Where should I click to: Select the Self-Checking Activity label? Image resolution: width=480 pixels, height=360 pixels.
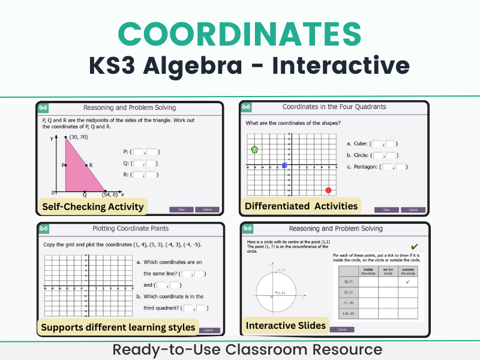(93, 207)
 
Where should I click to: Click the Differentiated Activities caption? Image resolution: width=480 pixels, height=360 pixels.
(301, 206)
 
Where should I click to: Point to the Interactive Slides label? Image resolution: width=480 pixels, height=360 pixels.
(286, 326)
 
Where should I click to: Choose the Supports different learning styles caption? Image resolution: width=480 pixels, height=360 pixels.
(118, 327)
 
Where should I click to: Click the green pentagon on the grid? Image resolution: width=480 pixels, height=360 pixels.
(255, 149)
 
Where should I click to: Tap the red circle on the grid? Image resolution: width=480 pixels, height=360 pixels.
(328, 190)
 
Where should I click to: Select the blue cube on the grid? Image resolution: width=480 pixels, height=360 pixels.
(284, 165)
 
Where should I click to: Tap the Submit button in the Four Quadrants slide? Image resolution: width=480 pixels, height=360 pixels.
(413, 210)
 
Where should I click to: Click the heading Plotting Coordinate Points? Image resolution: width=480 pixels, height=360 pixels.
(130, 229)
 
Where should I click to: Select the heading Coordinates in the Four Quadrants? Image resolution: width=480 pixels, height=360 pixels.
(334, 107)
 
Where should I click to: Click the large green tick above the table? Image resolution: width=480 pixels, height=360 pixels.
(415, 247)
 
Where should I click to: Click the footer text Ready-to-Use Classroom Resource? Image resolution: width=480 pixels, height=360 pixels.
(240, 350)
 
